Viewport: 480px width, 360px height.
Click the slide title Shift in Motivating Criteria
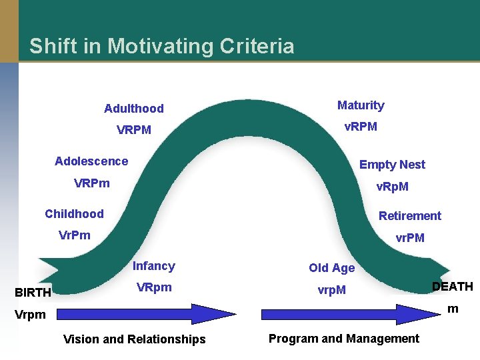pyautogui.click(x=161, y=46)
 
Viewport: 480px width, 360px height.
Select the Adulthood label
pyautogui.click(x=133, y=108)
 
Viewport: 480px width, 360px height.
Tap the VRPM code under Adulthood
pyautogui.click(x=133, y=129)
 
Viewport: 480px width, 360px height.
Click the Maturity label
pyautogui.click(x=361, y=105)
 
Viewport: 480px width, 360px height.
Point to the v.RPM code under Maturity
pyautogui.click(x=361, y=126)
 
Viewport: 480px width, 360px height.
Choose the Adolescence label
pyautogui.click(x=91, y=161)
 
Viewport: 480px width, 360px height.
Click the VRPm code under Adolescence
pyautogui.click(x=92, y=183)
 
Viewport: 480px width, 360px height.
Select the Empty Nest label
pyautogui.click(x=392, y=165)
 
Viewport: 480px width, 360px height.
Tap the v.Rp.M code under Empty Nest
pyautogui.click(x=393, y=187)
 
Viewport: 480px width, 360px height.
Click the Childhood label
pyautogui.click(x=74, y=213)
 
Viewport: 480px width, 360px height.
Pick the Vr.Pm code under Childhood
pyautogui.click(x=75, y=235)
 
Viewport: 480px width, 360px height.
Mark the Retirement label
pyautogui.click(x=410, y=215)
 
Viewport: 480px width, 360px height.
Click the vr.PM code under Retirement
pyautogui.click(x=410, y=237)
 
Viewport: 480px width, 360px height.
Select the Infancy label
pyautogui.click(x=153, y=266)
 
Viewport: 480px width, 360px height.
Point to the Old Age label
pyautogui.click(x=331, y=268)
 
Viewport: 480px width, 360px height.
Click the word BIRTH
pyautogui.click(x=33, y=292)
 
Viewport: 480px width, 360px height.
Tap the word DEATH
pyautogui.click(x=452, y=287)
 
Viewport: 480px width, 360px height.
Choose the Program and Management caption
pyautogui.click(x=344, y=339)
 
